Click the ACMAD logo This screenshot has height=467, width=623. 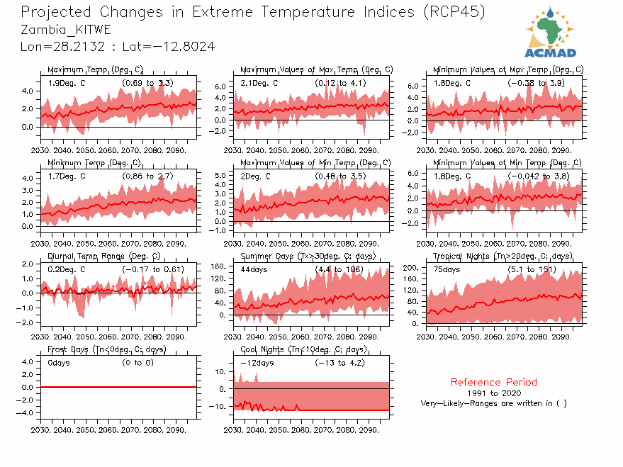[x=550, y=33]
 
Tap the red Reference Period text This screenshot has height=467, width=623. [x=493, y=382]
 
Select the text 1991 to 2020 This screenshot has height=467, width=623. [x=493, y=393]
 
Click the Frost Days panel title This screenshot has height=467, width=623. [x=106, y=349]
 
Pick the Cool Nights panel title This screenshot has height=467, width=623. [x=303, y=349]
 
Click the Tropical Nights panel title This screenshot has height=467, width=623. [x=503, y=256]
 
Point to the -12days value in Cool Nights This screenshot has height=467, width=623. [x=257, y=364]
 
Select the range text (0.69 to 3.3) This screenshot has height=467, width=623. [x=147, y=83]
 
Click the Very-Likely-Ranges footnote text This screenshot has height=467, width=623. [x=493, y=403]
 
